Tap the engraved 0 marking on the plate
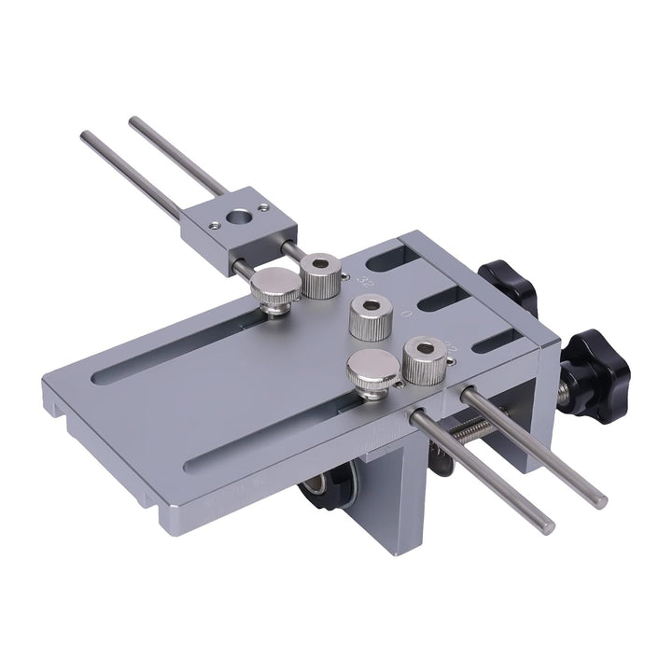click(x=404, y=315)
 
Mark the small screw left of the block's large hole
click(x=216, y=224)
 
